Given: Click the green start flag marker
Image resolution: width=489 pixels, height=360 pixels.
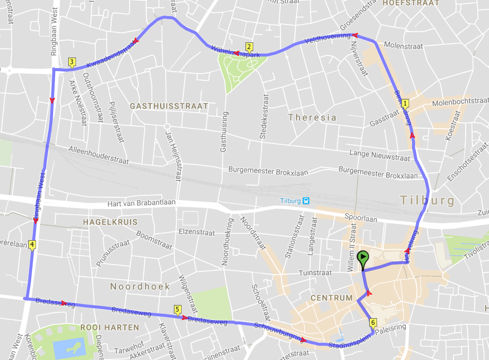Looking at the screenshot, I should [363, 259].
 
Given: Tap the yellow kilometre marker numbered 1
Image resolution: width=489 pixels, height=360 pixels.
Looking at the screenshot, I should [406, 103].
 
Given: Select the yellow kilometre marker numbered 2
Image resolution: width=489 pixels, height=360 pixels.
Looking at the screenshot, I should [249, 47].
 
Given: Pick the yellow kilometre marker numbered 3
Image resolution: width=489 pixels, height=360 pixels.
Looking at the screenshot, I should [72, 62].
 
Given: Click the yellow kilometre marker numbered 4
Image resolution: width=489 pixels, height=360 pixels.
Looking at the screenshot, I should [32, 244].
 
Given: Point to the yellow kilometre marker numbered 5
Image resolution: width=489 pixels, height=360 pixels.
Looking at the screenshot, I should [176, 309].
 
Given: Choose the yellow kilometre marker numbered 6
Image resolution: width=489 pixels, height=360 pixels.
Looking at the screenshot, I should [373, 322].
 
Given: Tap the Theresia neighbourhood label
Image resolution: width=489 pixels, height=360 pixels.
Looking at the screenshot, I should [312, 117].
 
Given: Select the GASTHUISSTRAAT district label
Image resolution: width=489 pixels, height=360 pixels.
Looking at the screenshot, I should [169, 106].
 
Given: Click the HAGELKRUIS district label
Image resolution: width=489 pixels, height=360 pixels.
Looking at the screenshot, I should [110, 222].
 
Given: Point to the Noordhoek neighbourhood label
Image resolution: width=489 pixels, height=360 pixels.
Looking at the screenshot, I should [140, 286].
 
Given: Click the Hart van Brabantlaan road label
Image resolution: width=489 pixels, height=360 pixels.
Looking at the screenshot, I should [146, 205].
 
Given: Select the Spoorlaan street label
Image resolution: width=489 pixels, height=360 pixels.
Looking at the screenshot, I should [361, 219].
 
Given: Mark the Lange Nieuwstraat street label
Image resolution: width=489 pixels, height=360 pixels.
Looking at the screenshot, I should [380, 155].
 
